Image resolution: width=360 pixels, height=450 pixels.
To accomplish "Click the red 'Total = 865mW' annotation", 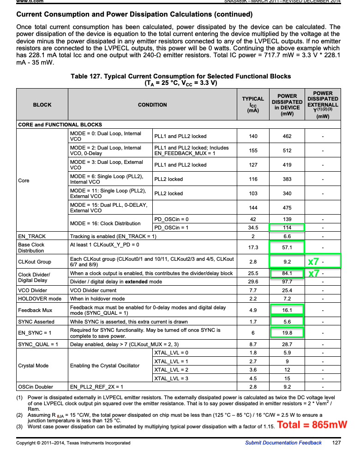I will (x=312, y=425).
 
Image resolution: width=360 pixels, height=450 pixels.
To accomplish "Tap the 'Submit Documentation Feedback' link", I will (x=283, y=443).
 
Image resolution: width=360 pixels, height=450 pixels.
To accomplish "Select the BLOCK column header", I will (x=42, y=105).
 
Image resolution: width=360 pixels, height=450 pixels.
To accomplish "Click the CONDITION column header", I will (x=152, y=105).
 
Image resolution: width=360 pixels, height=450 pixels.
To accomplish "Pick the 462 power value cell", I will (x=287, y=137).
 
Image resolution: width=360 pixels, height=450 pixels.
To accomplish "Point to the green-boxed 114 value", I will (x=287, y=228).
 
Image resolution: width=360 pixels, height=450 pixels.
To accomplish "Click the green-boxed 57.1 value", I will (x=287, y=247).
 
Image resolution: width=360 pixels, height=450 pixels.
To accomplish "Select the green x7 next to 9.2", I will (x=314, y=262).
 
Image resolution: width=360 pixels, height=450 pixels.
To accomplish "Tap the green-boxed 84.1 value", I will (x=287, y=273).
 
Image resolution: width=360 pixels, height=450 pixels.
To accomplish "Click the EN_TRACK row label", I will (x=32, y=236).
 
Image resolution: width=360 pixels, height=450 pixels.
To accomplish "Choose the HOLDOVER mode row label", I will (x=40, y=299).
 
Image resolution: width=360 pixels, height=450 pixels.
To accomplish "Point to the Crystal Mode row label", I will (x=33, y=366).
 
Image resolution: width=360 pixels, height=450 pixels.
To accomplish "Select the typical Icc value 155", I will (x=252, y=150).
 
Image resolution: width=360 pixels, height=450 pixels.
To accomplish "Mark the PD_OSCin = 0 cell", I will (x=171, y=219).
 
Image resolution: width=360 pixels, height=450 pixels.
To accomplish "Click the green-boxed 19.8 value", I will (x=287, y=333).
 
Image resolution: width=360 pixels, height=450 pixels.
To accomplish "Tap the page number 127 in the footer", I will (x=336, y=443).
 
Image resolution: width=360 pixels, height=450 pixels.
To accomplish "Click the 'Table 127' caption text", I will (x=180, y=76).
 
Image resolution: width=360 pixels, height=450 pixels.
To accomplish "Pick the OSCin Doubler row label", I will (x=36, y=387).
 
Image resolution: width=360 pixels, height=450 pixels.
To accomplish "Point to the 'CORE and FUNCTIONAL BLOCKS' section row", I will (x=60, y=125).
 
